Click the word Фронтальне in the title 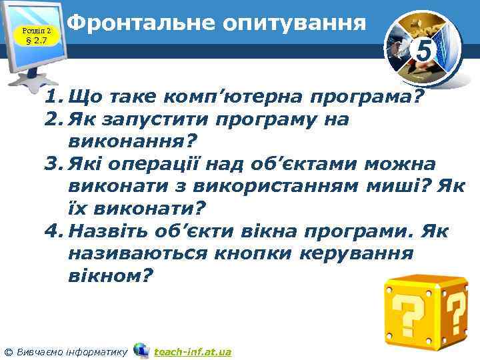[141, 24]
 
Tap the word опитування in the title [295, 25]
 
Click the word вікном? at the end [110, 275]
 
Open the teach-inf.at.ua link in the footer [193, 351]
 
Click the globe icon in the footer [141, 350]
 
